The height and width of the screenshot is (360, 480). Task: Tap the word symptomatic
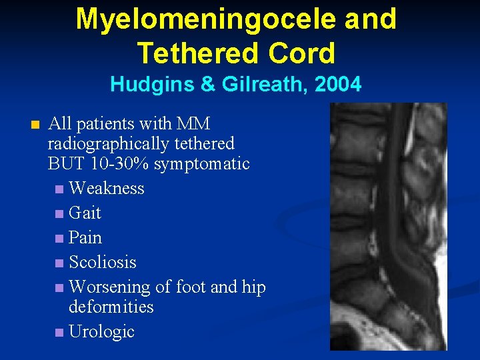point(210,163)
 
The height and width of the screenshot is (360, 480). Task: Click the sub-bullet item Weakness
point(107,188)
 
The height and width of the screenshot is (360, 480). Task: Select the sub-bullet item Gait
point(85,213)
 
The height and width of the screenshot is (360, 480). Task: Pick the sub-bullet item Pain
point(85,237)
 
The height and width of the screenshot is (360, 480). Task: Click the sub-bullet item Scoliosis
point(103,262)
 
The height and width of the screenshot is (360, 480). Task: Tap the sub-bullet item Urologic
point(101,331)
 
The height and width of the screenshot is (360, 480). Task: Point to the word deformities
point(111,307)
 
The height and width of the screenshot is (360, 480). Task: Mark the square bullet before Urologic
point(61,332)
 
